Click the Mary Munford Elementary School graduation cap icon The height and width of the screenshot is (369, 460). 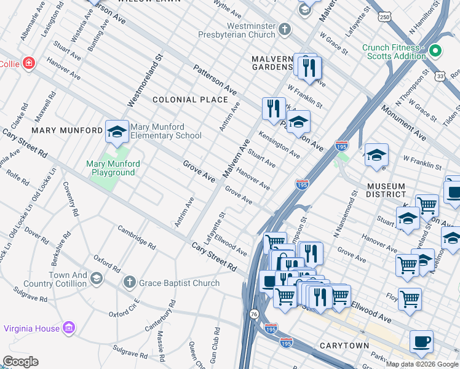[x=117, y=131]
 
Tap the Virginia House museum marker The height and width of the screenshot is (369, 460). [x=69, y=328]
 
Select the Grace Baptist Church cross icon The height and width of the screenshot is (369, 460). [x=129, y=282]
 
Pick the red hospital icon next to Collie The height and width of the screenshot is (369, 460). [x=28, y=63]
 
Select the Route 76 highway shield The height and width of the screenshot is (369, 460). [x=255, y=315]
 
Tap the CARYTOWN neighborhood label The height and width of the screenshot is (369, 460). [x=344, y=346]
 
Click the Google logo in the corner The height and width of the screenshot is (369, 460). [x=20, y=362]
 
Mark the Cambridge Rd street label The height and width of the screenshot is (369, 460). [x=137, y=236]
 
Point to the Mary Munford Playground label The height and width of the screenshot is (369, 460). [x=113, y=168]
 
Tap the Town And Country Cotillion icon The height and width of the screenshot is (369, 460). [x=97, y=279]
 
